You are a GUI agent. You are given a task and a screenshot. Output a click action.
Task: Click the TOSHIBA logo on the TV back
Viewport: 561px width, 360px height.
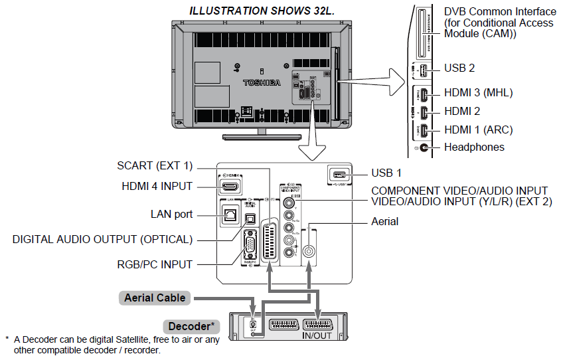(262, 83)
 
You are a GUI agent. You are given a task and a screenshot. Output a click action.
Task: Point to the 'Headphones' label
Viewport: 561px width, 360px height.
(474, 147)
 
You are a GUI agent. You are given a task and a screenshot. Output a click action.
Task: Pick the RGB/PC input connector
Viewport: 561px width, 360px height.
(250, 247)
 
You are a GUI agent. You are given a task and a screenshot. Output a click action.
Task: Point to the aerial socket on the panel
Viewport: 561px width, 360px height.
(309, 252)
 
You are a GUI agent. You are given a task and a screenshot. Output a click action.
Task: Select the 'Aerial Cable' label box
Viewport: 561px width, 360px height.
(155, 298)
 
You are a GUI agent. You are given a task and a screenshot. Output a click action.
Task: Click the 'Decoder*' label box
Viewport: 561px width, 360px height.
(191, 327)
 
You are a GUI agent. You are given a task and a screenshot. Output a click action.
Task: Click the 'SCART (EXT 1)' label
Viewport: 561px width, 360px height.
(154, 166)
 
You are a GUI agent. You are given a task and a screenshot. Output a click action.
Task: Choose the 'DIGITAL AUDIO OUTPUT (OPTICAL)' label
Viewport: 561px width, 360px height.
(102, 239)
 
